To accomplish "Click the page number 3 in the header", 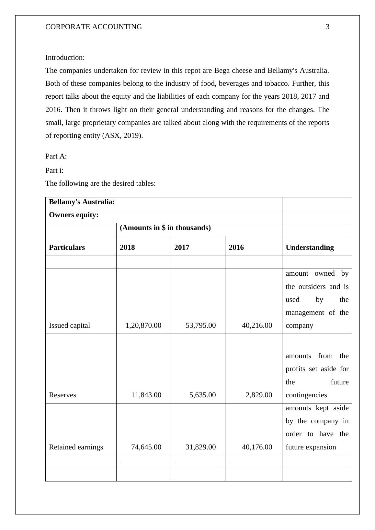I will [327, 27].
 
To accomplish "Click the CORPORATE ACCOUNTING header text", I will [94, 27].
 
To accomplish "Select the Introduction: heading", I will [65, 58].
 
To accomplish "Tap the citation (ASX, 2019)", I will [122, 136].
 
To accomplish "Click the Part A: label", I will [56, 156].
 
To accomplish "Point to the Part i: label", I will [54, 171].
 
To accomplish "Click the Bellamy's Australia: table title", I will [82, 202].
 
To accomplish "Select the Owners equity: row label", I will [74, 215].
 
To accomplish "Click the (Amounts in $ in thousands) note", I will [165, 228].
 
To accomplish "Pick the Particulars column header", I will [67, 248].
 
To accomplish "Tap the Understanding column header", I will [310, 248].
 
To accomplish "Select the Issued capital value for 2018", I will [143, 326].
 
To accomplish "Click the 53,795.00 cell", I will [200, 326].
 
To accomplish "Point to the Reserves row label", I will [62, 395].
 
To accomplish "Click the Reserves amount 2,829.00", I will [257, 395].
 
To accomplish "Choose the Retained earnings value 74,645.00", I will [146, 447].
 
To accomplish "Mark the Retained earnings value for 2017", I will [200, 447].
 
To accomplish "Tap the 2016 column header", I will [236, 248].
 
